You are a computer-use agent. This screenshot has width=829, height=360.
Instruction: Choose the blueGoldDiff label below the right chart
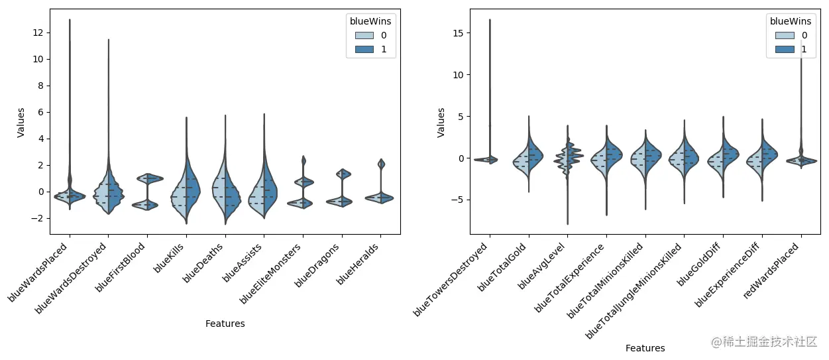pos(700,265)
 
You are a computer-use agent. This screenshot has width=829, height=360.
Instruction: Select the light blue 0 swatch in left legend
pos(364,35)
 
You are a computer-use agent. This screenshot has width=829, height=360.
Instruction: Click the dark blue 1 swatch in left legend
pos(364,50)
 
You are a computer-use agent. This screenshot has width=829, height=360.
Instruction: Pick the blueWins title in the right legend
pos(791,21)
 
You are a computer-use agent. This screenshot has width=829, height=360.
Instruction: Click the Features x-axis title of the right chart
pos(645,348)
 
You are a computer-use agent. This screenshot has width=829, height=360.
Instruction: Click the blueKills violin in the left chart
pos(186,186)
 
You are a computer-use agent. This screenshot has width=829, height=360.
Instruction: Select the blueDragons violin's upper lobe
pos(343,174)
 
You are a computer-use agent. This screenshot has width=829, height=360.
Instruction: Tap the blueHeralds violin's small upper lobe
pos(381,164)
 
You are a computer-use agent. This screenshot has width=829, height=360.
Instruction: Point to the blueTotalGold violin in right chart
pos(528,159)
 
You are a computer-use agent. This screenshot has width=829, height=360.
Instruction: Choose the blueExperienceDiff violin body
pos(762,159)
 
